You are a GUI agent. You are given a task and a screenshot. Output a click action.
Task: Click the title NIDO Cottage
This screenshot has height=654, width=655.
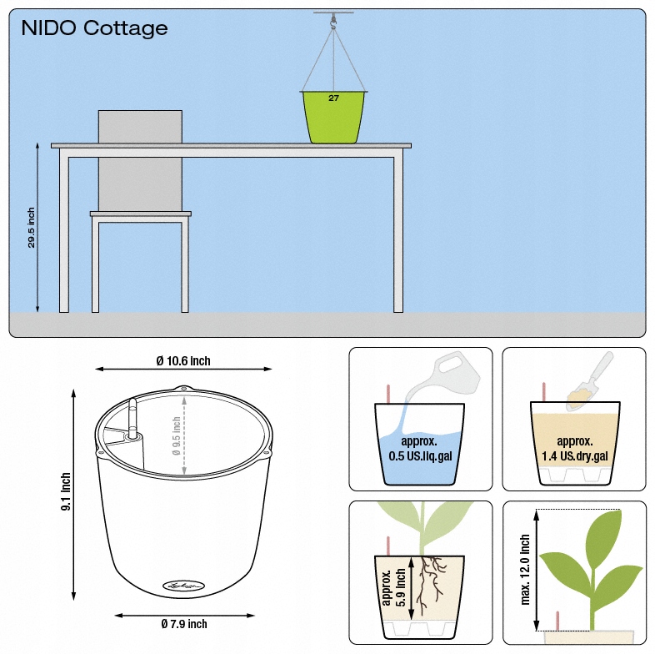tap(94, 28)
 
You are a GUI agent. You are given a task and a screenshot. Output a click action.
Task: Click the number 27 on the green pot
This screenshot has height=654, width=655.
tap(333, 98)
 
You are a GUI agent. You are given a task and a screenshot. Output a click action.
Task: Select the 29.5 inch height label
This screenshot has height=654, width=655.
tap(32, 228)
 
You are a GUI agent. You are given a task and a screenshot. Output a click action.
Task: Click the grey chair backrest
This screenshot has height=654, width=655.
tap(140, 126)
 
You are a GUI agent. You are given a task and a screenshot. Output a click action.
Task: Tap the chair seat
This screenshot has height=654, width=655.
tap(141, 214)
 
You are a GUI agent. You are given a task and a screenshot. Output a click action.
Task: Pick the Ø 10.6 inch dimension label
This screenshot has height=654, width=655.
tap(183, 361)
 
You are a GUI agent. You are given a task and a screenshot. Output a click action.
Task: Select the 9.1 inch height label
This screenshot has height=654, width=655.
tap(67, 492)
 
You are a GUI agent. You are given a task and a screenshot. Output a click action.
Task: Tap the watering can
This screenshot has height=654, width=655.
tap(451, 372)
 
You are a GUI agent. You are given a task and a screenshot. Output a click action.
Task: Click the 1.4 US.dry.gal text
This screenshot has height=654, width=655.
tap(574, 455)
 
